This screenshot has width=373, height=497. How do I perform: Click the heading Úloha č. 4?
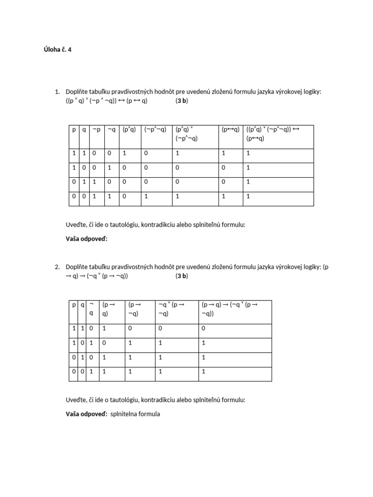(57, 49)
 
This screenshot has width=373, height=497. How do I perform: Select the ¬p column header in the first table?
(96, 130)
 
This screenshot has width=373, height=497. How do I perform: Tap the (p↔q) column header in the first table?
(230, 130)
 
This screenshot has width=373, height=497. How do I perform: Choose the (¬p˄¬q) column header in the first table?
(155, 130)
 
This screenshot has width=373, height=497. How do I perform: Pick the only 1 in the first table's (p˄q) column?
(124, 153)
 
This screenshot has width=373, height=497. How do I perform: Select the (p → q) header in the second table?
(108, 309)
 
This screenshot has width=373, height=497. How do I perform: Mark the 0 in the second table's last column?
(203, 329)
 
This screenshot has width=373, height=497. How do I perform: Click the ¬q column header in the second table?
(91, 309)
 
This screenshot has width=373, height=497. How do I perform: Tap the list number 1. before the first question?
(57, 92)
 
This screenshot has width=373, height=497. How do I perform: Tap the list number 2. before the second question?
(57, 267)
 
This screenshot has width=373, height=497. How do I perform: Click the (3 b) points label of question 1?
(182, 101)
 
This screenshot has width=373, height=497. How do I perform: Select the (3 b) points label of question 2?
(182, 276)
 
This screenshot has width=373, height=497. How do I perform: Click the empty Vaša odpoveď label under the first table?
(86, 239)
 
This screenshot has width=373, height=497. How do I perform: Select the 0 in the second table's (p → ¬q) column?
(130, 329)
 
